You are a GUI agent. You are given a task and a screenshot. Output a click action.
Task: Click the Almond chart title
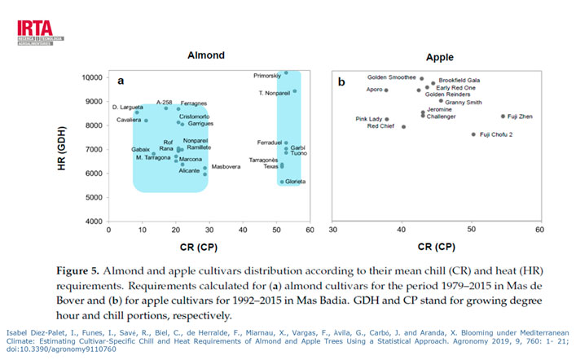click(207, 56)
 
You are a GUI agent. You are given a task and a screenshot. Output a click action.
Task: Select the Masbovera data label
click(227, 167)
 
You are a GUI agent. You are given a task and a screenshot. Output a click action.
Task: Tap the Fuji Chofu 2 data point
click(473, 134)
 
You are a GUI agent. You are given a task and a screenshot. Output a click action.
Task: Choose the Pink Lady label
click(369, 119)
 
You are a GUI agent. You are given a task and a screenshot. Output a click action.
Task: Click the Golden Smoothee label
click(391, 77)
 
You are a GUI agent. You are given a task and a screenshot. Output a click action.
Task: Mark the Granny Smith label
click(464, 102)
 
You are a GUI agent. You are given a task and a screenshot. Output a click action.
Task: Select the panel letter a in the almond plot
click(121, 81)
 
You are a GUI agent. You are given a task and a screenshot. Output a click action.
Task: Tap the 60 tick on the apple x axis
click(539, 230)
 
